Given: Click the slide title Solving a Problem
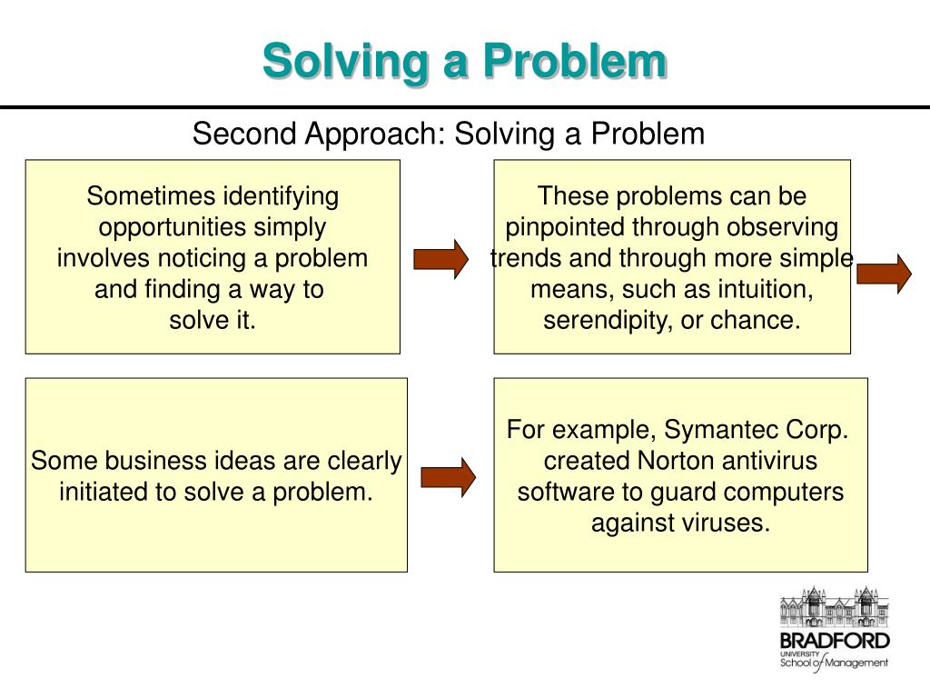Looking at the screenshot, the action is tap(464, 62).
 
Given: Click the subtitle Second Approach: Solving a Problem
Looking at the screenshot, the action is tap(448, 135).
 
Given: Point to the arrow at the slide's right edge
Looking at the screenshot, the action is tap(884, 273).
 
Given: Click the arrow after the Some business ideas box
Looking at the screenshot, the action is tap(448, 476).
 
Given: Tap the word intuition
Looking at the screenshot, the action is tap(762, 290).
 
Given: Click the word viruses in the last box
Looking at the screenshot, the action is tap(722, 524).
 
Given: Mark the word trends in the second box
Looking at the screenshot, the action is tap(526, 259).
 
